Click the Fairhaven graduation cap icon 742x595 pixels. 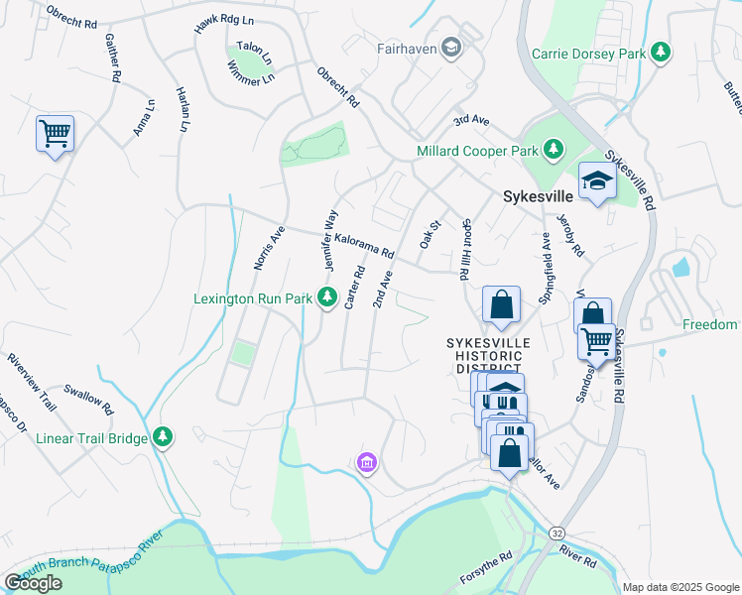tap(451, 48)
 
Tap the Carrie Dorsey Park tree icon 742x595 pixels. tap(660, 53)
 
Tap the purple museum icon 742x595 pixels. tap(367, 462)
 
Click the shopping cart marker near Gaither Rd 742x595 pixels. tap(55, 132)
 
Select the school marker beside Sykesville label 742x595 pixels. tap(597, 180)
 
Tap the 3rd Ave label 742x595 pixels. tap(472, 120)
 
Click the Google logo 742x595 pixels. tap(33, 583)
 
